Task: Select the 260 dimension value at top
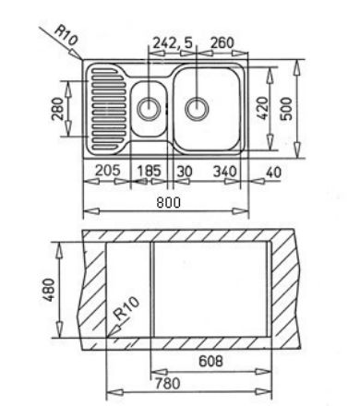pyautogui.click(x=222, y=43)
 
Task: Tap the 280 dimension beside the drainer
pyautogui.click(x=57, y=108)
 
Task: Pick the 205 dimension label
pyautogui.click(x=107, y=170)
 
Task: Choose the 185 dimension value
pyautogui.click(x=149, y=171)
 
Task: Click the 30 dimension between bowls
pyautogui.click(x=185, y=171)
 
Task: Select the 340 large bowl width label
pyautogui.click(x=225, y=171)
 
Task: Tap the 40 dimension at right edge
pyautogui.click(x=273, y=173)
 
